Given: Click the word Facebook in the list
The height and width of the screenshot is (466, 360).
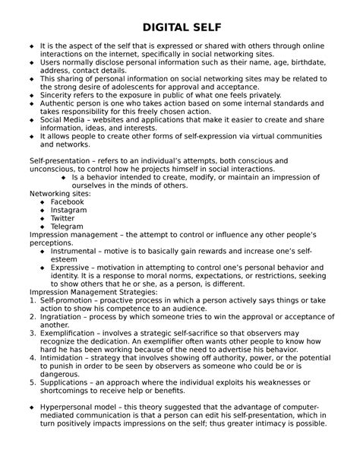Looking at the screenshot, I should point(68,201).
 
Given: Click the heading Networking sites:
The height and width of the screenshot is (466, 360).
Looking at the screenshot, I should point(59,193).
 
